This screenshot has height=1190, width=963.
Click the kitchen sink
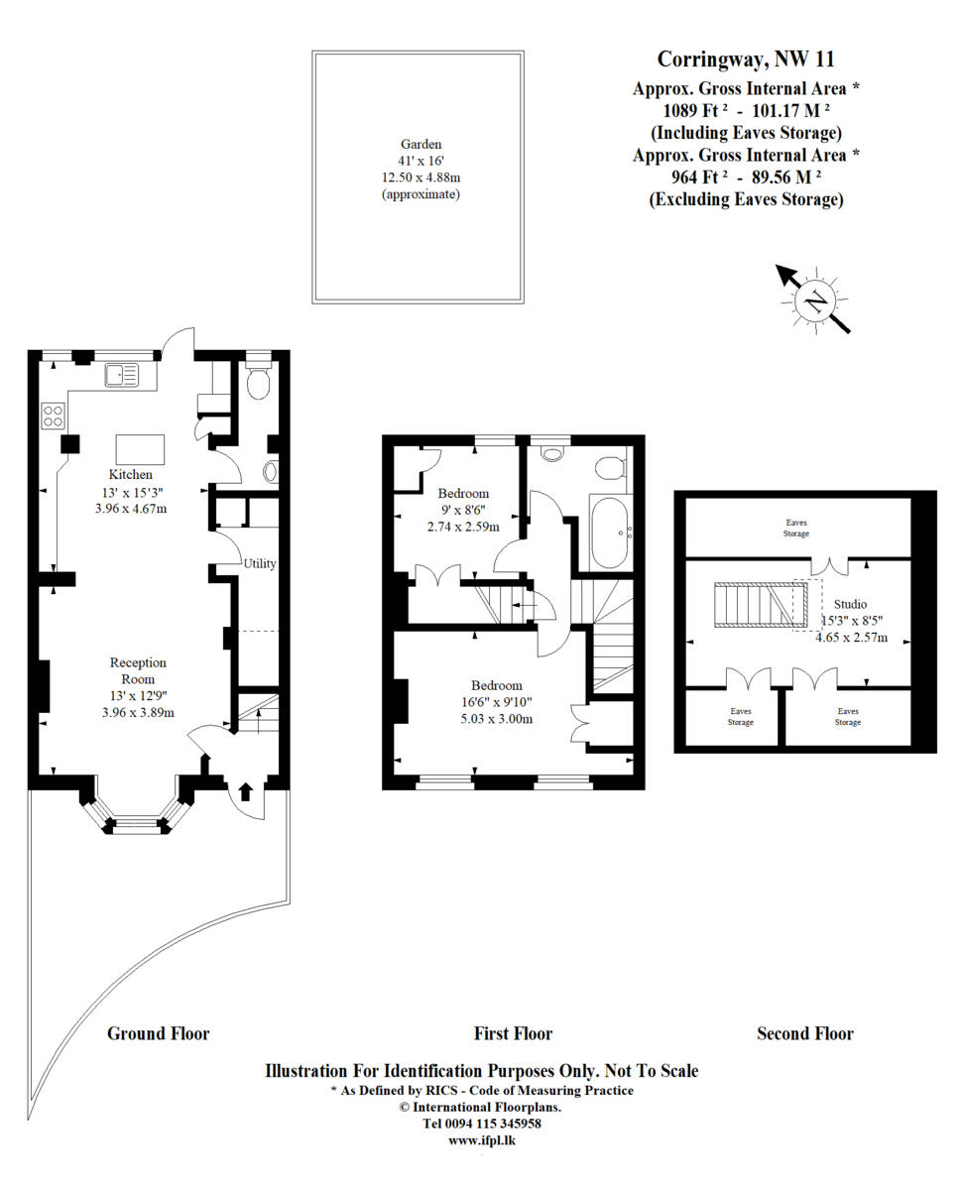tap(125, 375)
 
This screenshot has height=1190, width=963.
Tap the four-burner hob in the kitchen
tap(52, 416)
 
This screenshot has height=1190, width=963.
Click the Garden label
tap(421, 144)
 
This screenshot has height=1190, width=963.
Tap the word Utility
tap(260, 563)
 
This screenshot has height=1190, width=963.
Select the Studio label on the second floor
tap(849, 604)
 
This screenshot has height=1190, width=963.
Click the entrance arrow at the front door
tap(246, 790)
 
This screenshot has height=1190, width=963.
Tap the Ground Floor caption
tap(158, 1033)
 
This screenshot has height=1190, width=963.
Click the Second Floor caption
tap(804, 1033)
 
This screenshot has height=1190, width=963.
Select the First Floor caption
tap(513, 1033)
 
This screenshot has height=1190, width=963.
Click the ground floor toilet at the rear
tap(257, 384)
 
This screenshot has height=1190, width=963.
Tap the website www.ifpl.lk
tap(481, 1140)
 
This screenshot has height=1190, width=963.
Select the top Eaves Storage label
tap(796, 527)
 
